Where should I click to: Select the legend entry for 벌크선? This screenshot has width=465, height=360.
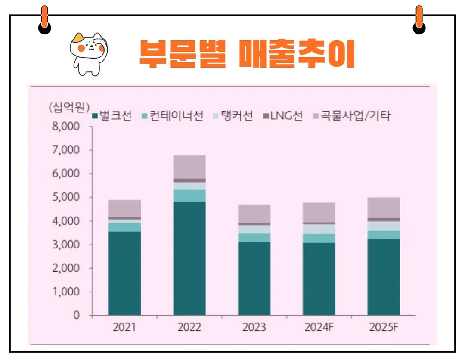coord(112,116)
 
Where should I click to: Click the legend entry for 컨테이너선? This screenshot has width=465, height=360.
coord(172,116)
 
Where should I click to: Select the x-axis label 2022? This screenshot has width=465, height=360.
coord(189,328)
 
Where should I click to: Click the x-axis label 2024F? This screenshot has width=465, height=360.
coord(319,328)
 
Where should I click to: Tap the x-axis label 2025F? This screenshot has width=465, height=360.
coord(384,328)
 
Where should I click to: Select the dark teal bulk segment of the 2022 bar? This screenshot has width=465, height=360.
coord(189,258)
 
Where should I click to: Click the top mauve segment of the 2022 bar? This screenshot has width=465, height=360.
coord(189,167)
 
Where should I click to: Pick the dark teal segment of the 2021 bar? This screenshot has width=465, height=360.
coord(124,273)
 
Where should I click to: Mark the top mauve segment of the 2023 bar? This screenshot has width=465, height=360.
coord(254,214)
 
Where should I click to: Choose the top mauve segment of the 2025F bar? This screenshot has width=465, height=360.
coord(384,208)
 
